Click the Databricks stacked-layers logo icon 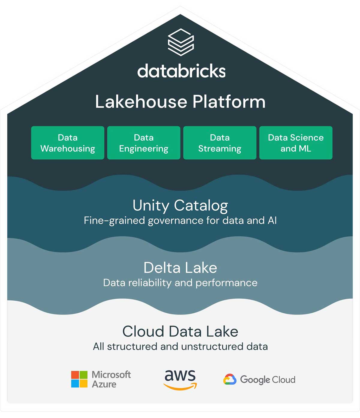point(181,42)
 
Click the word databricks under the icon point(181,71)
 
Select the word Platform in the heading point(229,102)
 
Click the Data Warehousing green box point(68,143)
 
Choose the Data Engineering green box point(144,143)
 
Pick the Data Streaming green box point(220,143)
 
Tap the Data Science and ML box point(296,143)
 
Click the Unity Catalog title point(180,206)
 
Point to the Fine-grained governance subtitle point(180,221)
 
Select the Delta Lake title point(180,268)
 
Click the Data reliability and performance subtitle point(180,283)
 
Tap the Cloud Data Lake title point(180,332)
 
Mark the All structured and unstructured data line point(180,347)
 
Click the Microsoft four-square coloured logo point(79,379)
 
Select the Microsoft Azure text point(111,379)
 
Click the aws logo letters point(180,376)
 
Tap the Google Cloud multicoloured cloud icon point(230,380)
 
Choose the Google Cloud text point(268,380)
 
